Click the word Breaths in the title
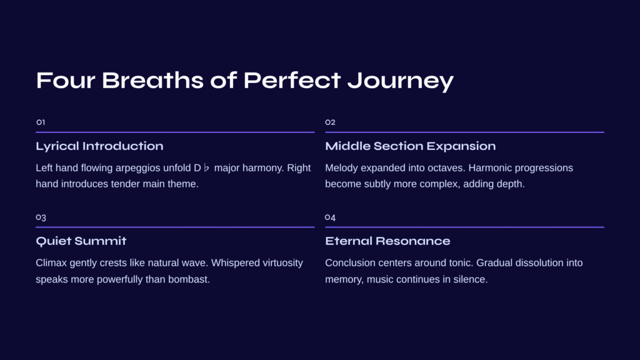click(x=152, y=80)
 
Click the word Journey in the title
click(x=401, y=81)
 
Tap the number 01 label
click(x=41, y=122)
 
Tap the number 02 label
click(x=330, y=122)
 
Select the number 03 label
click(x=41, y=217)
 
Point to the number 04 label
click(x=330, y=217)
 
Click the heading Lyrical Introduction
click(x=99, y=146)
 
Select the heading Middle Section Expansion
click(x=410, y=146)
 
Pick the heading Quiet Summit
click(x=81, y=241)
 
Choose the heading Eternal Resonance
click(x=387, y=241)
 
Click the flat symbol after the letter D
click(x=206, y=167)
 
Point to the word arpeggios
click(x=138, y=168)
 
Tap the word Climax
click(x=51, y=263)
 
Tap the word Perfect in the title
click(x=292, y=80)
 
